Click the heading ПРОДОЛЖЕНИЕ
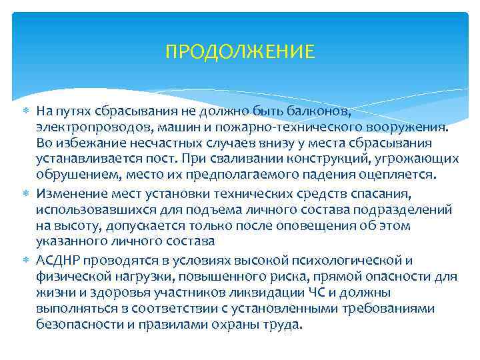pos(239,51)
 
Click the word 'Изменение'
pos(69,193)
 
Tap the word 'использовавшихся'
pos(85,210)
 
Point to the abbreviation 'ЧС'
pos(317,293)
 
